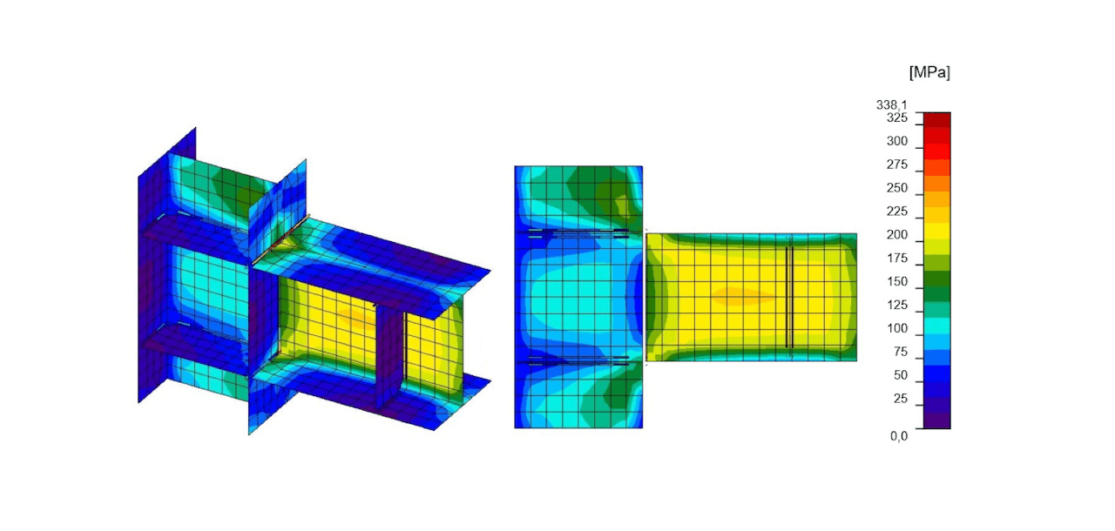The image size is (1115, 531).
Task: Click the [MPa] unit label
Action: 929,72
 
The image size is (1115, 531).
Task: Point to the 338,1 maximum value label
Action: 892,105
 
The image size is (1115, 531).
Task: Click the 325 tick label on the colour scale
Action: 897,118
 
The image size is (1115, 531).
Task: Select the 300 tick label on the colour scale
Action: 897,141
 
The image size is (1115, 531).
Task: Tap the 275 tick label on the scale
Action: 897,165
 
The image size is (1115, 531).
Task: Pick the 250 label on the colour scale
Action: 897,188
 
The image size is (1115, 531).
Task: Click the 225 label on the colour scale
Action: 897,212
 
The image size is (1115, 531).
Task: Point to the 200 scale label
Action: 897,235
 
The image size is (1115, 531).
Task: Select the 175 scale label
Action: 897,258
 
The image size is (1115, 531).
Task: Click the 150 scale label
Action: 897,281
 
